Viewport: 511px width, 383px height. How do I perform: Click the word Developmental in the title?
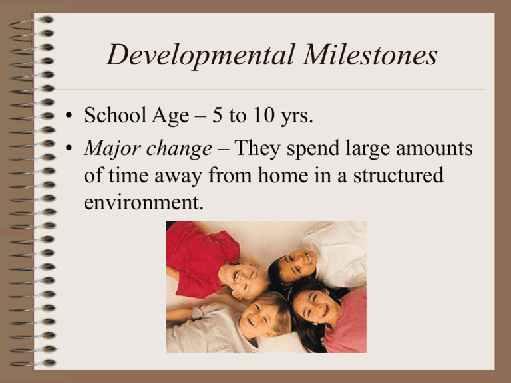click(x=201, y=55)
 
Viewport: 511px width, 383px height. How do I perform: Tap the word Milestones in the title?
click(x=370, y=55)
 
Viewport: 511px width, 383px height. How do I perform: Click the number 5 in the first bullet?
click(x=217, y=115)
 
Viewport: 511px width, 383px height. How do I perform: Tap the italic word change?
click(x=179, y=148)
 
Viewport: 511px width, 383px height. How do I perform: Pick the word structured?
click(x=399, y=175)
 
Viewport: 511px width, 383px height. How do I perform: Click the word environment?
click(x=144, y=202)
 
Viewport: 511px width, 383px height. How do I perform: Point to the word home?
click(x=283, y=175)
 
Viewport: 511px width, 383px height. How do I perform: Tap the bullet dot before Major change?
click(x=69, y=148)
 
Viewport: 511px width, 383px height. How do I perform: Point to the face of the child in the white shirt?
click(x=298, y=264)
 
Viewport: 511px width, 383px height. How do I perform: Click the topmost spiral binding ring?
click(x=31, y=23)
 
